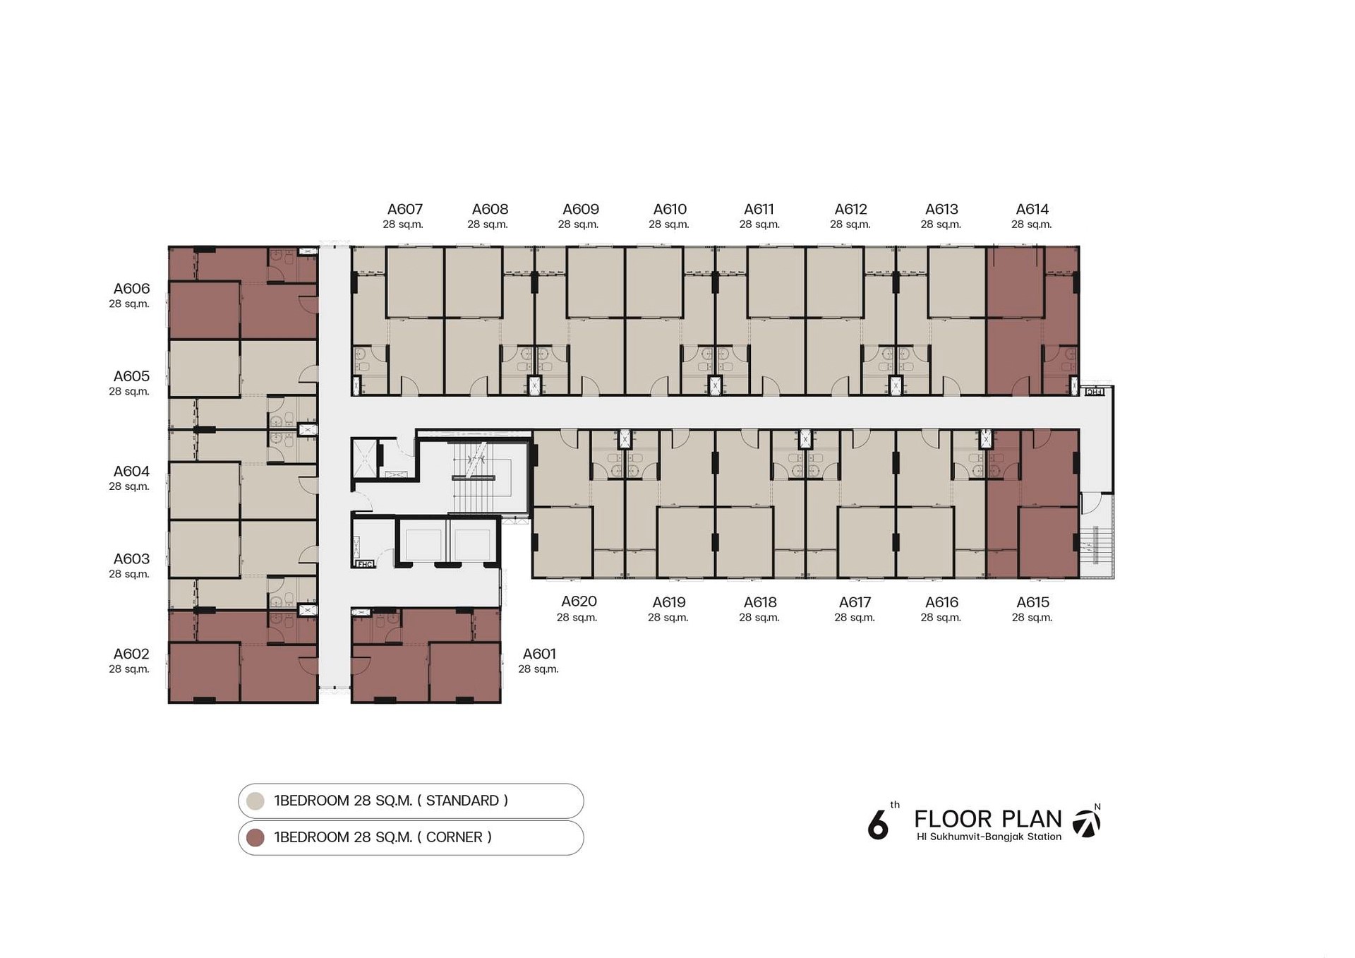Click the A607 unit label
click(x=405, y=209)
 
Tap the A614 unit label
click(x=1032, y=209)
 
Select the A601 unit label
click(x=539, y=654)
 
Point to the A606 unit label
click(x=131, y=288)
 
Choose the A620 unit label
click(x=579, y=601)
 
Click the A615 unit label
click(x=1032, y=602)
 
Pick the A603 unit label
click(x=131, y=559)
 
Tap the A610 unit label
click(x=670, y=209)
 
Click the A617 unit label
click(x=855, y=602)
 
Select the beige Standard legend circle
click(x=255, y=801)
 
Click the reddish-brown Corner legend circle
click(x=255, y=837)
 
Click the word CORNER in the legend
click(x=454, y=837)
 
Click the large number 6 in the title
click(x=878, y=824)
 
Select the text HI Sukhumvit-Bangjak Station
click(x=989, y=837)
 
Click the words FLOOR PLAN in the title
click(x=988, y=819)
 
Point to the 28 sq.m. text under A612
click(x=850, y=224)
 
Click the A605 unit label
click(x=131, y=376)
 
